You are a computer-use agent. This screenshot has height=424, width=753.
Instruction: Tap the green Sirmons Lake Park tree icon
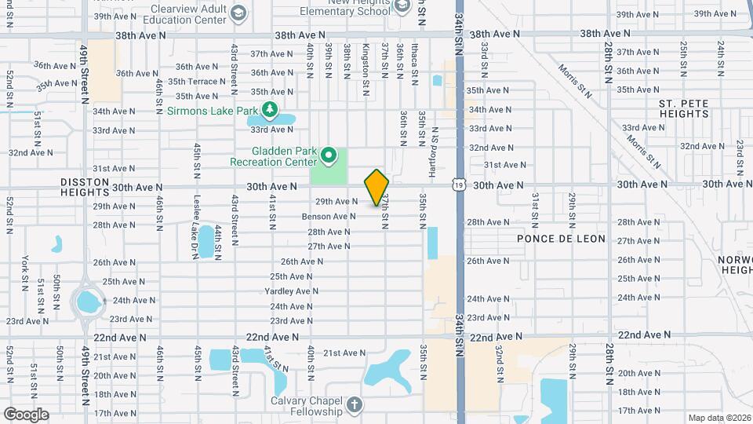(270, 109)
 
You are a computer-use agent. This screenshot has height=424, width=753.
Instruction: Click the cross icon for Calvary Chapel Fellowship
(354, 405)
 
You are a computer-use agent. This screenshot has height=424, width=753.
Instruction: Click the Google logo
(26, 415)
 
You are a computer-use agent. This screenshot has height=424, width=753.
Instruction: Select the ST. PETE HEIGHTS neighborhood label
(683, 108)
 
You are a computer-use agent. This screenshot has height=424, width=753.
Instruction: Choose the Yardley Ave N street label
(291, 291)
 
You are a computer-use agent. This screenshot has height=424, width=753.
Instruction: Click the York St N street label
(25, 270)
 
